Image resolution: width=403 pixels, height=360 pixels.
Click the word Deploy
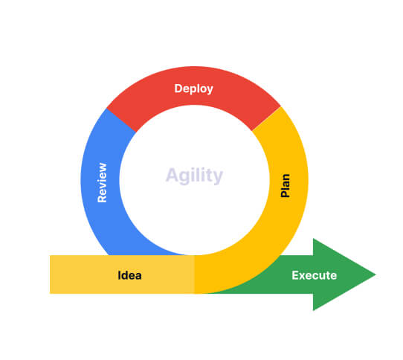pyautogui.click(x=194, y=89)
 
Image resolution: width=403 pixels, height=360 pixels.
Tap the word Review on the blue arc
pyautogui.click(x=103, y=182)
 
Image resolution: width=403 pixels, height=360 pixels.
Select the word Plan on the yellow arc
pyautogui.click(x=285, y=186)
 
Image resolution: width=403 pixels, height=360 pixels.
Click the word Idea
pyautogui.click(x=129, y=275)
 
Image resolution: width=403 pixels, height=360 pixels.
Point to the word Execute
pyautogui.click(x=315, y=275)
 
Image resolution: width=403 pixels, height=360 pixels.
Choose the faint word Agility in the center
pyautogui.click(x=194, y=176)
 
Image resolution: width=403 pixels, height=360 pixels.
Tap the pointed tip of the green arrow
pyautogui.click(x=375, y=274)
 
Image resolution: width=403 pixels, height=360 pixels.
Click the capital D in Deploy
pyautogui.click(x=178, y=89)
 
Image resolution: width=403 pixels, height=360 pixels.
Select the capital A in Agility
pyautogui.click(x=171, y=175)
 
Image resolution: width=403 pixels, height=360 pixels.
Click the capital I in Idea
pyautogui.click(x=119, y=275)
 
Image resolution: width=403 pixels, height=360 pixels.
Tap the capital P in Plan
pyautogui.click(x=285, y=193)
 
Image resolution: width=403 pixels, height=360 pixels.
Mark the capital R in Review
pyautogui.click(x=102, y=199)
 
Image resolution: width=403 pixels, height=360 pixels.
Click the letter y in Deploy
pyautogui.click(x=210, y=90)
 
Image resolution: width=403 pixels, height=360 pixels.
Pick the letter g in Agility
pyautogui.click(x=183, y=178)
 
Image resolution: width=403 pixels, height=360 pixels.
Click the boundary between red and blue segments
pyautogui.click(x=121, y=120)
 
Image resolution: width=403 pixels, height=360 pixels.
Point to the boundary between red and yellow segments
pyautogui.click(x=266, y=118)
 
